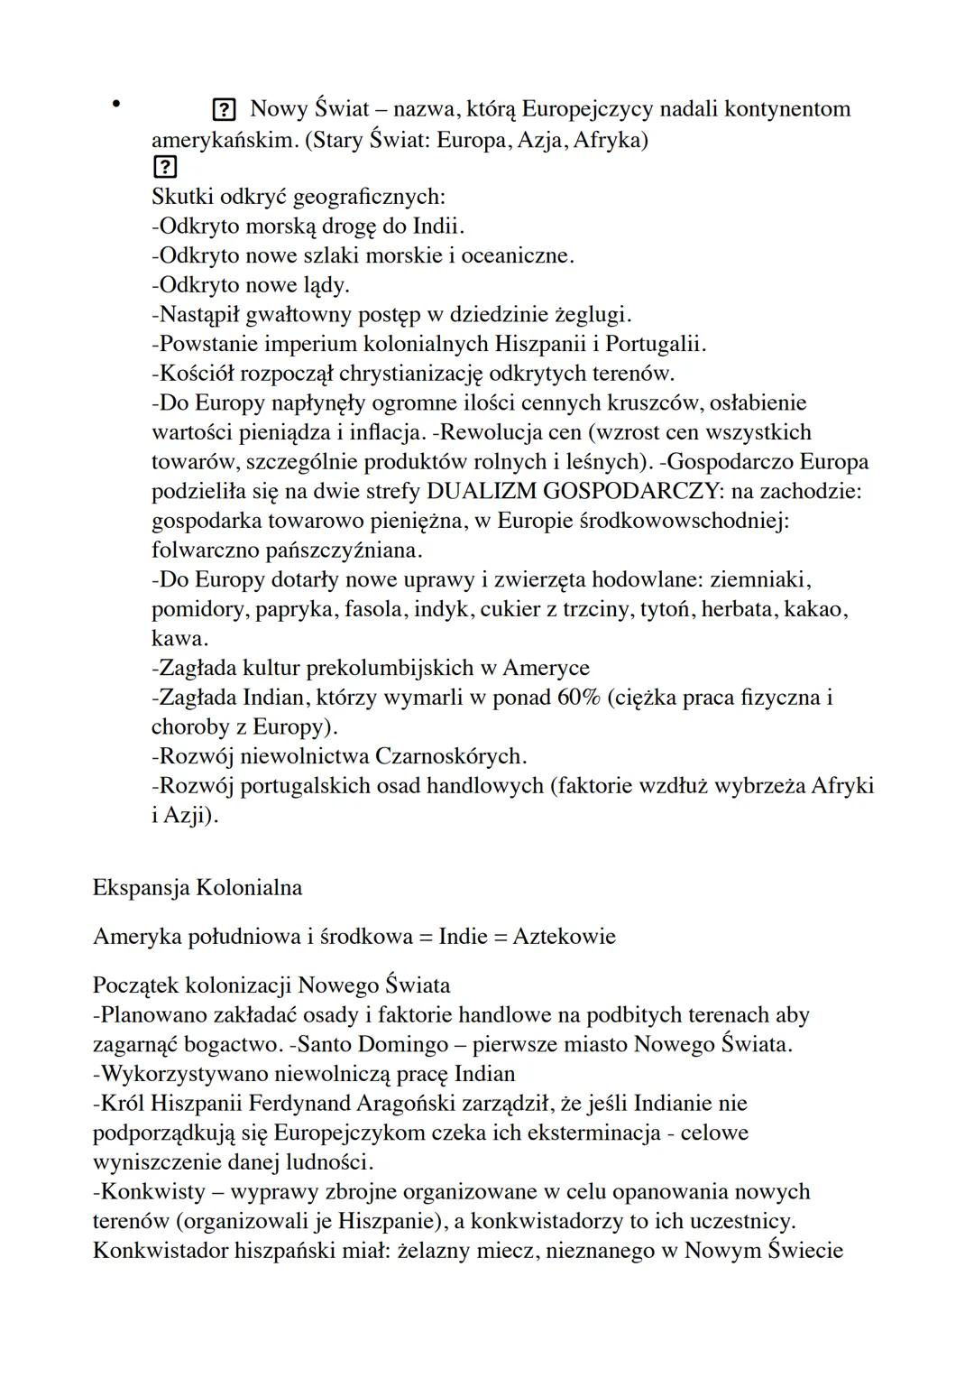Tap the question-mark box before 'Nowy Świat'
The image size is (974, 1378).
222,111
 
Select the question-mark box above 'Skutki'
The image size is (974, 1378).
165,168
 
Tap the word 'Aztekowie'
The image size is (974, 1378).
564,937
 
